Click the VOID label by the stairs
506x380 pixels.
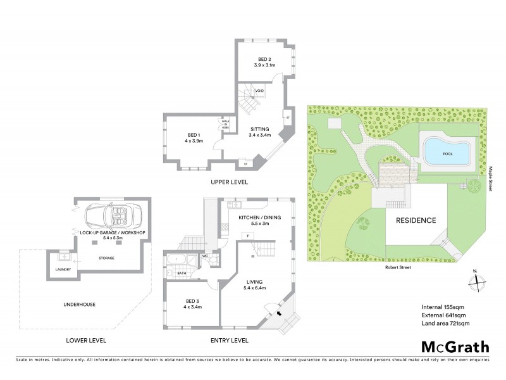(259, 91)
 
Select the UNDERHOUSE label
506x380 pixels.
(80, 305)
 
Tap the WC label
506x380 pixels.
(206, 256)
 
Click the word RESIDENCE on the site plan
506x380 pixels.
(416, 220)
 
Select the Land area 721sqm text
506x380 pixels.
(445, 324)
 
